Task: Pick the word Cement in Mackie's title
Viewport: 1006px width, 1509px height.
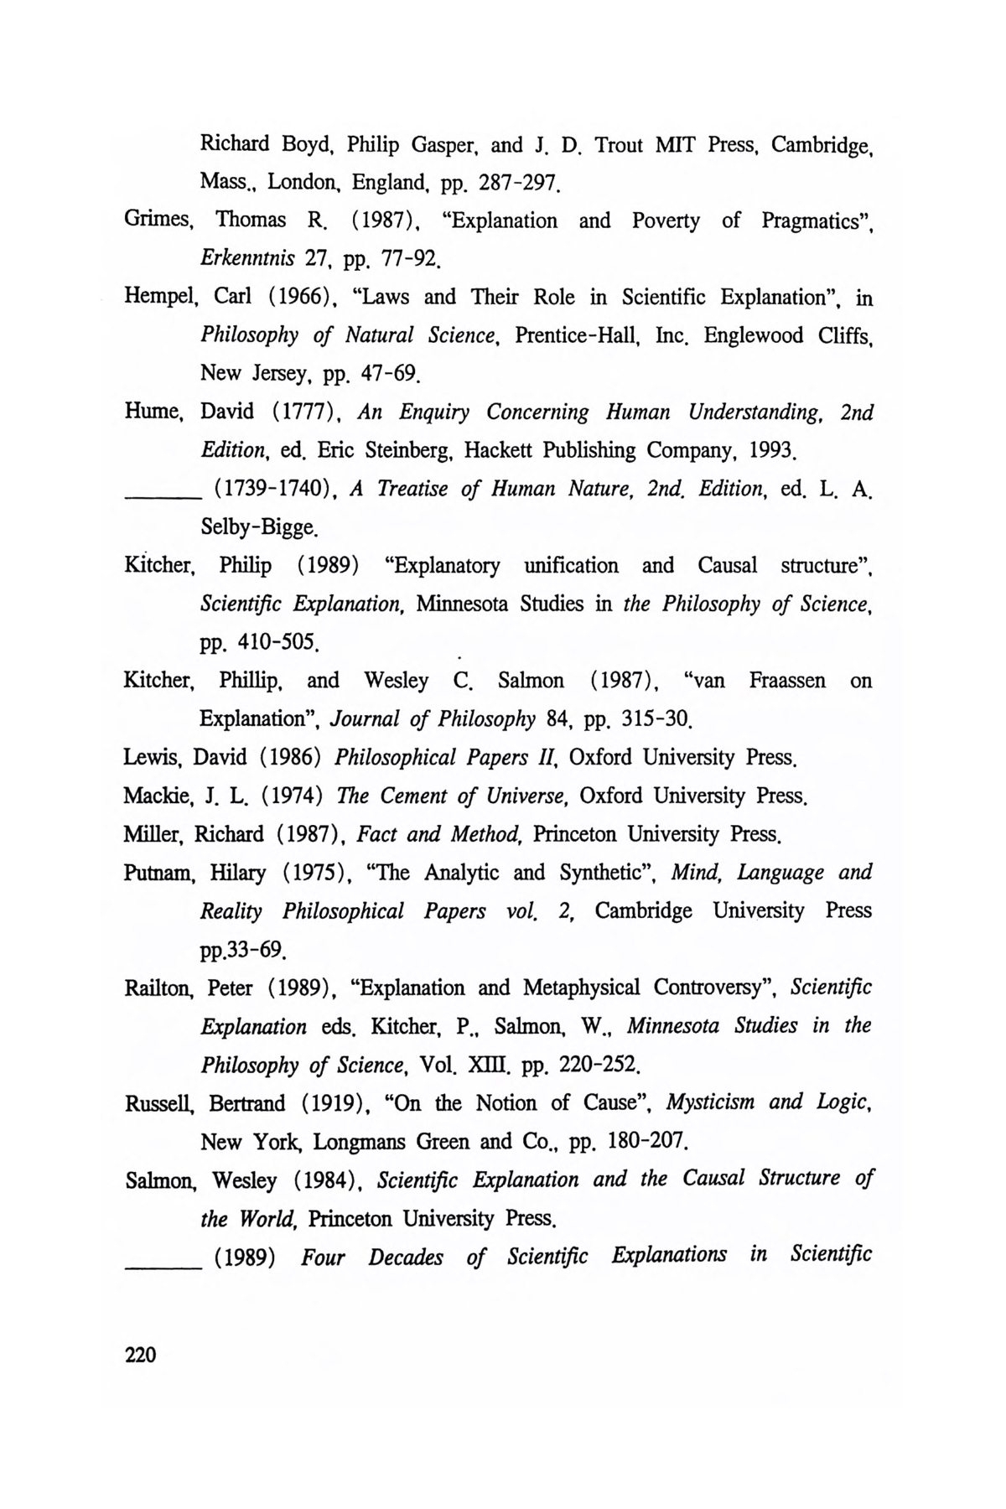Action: pyautogui.click(x=414, y=796)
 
